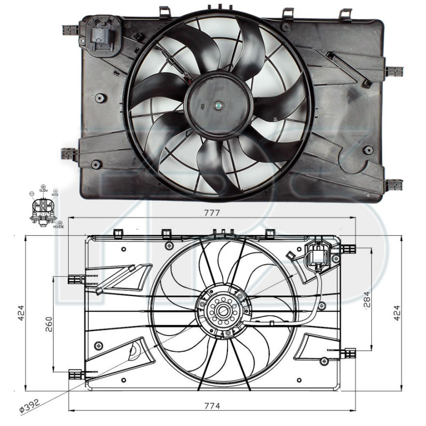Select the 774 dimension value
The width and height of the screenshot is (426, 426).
click(x=212, y=406)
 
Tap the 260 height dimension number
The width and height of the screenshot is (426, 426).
click(x=48, y=324)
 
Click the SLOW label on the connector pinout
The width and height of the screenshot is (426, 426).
click(x=43, y=190)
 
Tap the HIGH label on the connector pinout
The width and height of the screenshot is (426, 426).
click(x=55, y=195)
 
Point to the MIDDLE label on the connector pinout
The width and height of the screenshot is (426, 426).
click(x=58, y=226)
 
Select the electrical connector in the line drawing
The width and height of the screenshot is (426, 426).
click(x=318, y=254)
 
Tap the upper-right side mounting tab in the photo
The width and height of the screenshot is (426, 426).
click(x=394, y=71)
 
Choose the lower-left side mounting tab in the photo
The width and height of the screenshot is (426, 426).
click(x=69, y=154)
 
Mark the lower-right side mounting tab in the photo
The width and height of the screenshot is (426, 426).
click(x=394, y=185)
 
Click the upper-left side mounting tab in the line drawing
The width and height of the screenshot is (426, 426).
click(x=76, y=278)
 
